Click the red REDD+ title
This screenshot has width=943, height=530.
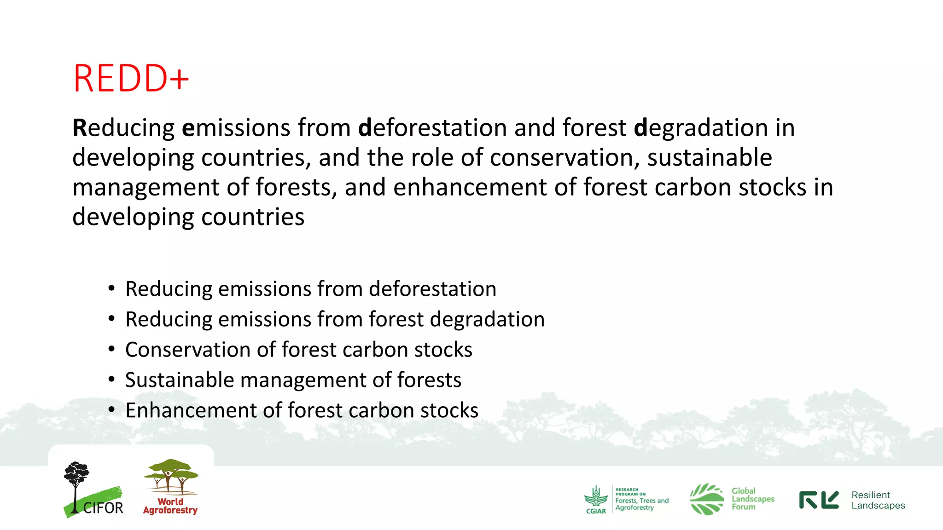click(x=131, y=79)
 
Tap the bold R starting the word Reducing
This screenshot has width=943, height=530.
click(x=79, y=128)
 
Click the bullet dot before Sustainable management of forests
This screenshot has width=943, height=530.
click(x=111, y=380)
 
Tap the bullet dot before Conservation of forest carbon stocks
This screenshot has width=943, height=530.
click(x=111, y=350)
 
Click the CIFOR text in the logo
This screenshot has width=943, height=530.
click(x=103, y=508)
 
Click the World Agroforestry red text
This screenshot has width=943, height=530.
click(x=170, y=506)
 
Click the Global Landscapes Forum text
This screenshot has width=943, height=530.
click(x=752, y=499)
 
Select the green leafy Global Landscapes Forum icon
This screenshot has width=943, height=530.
click(x=707, y=499)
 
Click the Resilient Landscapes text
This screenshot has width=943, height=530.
click(x=878, y=500)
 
